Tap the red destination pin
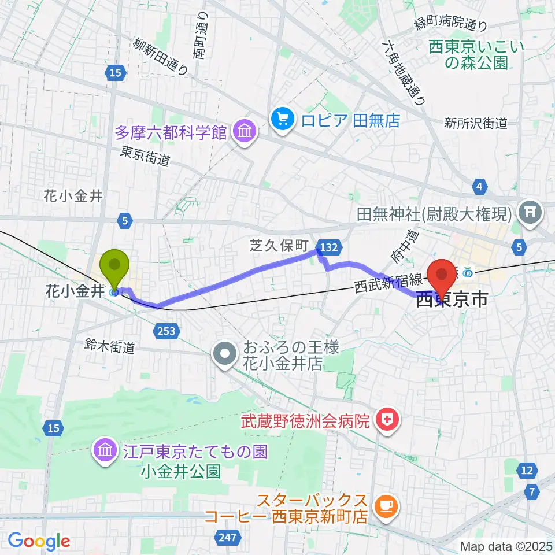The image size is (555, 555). [x=443, y=275]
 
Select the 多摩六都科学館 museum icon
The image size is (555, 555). [x=244, y=133]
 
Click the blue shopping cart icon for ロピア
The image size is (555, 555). [x=282, y=120]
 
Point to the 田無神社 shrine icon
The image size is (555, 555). [x=529, y=214]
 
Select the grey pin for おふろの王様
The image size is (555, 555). [x=224, y=356]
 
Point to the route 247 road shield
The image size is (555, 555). [x=228, y=538]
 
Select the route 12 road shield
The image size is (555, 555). [x=527, y=471]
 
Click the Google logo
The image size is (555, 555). [x=39, y=541]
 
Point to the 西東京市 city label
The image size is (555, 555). [x=452, y=299]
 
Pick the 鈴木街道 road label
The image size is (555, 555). [x=110, y=347]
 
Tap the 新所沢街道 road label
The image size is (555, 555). [x=476, y=123]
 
